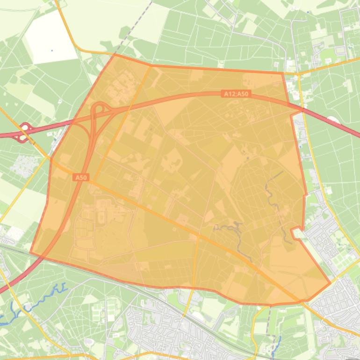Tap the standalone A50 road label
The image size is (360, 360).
(x=81, y=178)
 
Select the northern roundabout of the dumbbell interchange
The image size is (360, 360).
(x=25, y=127)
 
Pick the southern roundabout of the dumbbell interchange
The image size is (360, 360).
(x=22, y=137)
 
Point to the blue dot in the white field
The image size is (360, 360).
(x=52, y=50)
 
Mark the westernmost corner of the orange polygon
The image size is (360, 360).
(x=30, y=252)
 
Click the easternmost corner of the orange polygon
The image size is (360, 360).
(x=330, y=282)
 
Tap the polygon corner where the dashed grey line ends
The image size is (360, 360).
(x=115, y=54)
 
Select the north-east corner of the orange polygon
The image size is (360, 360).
(x=283, y=72)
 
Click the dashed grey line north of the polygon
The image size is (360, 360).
(x=136, y=26)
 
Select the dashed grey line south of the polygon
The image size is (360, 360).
(x=269, y=323)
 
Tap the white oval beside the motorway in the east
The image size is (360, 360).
(x=332, y=120)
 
